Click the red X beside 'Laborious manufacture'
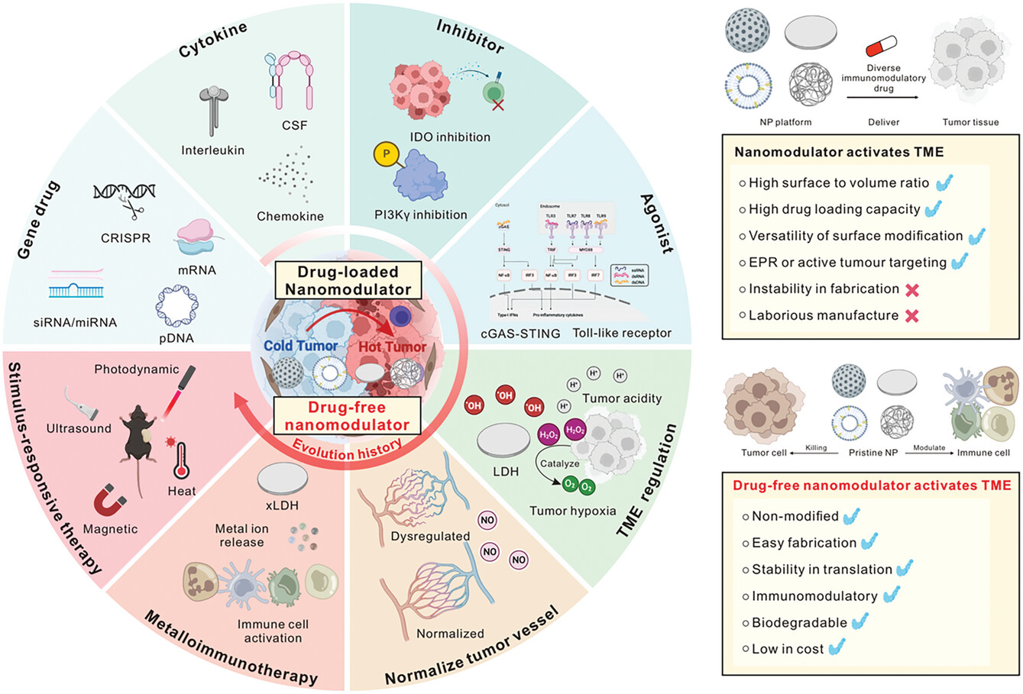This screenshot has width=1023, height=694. click(911, 315)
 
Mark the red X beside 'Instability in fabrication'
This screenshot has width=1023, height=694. click(911, 289)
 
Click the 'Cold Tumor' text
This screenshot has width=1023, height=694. click(301, 346)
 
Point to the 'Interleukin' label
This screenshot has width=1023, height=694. click(212, 150)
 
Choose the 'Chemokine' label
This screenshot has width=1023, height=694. click(290, 216)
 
